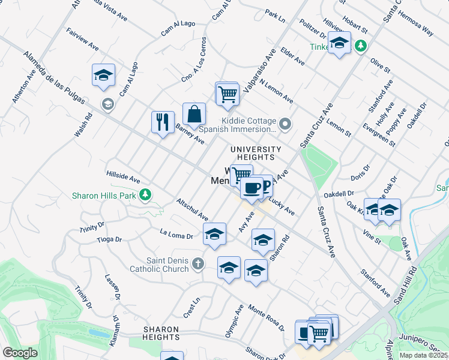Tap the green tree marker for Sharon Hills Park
[145, 194]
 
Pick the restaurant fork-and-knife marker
[163, 122]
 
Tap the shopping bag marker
[194, 113]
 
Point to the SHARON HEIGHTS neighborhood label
[161, 334]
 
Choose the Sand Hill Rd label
[414, 289]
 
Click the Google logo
[20, 353]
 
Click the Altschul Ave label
[192, 208]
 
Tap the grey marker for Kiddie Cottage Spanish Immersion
[286, 124]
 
